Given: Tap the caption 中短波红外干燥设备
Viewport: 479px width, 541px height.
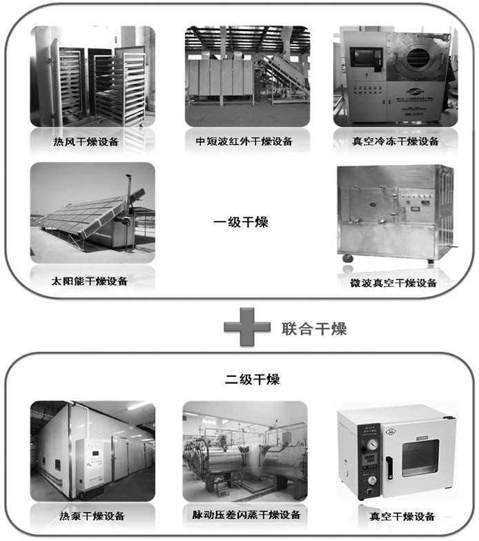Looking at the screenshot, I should pos(244,142).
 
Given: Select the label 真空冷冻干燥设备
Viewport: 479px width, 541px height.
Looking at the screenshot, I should pos(395,142).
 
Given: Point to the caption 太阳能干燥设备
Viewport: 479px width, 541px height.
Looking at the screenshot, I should pos(90,282).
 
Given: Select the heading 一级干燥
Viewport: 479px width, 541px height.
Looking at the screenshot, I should pos(240,222).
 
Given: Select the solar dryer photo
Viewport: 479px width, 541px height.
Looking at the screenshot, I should pos(92,213).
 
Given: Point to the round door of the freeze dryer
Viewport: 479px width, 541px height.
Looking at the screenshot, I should pos(419,57).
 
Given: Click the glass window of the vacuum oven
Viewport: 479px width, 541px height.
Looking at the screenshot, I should pos(421,455).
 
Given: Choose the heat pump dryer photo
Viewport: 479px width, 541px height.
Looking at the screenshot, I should pos(92,451).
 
